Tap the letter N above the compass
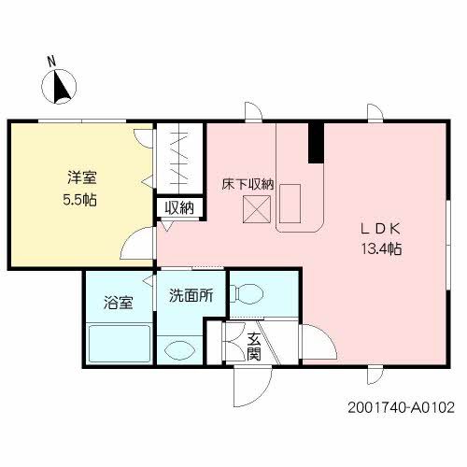point(53,63)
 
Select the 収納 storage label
point(178,207)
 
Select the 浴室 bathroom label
point(118,303)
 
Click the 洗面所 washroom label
point(191,296)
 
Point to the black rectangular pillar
point(315,142)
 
